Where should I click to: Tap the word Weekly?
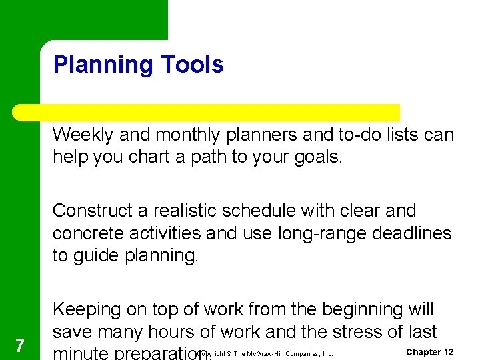pos(85,135)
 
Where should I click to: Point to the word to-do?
pos(355,135)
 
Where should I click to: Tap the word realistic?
pos(195,211)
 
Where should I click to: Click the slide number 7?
pos(20,345)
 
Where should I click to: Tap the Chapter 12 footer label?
pos(429,352)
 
